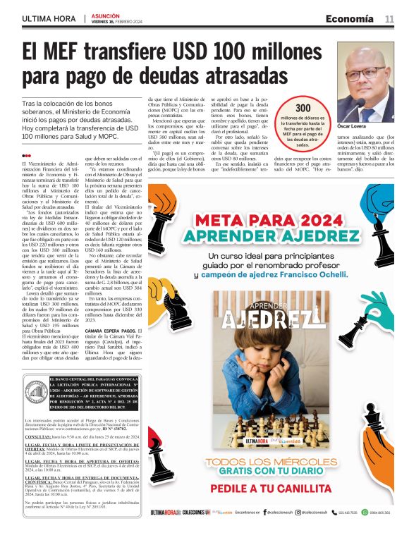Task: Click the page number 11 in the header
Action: [389, 18]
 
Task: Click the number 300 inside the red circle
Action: [303, 107]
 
